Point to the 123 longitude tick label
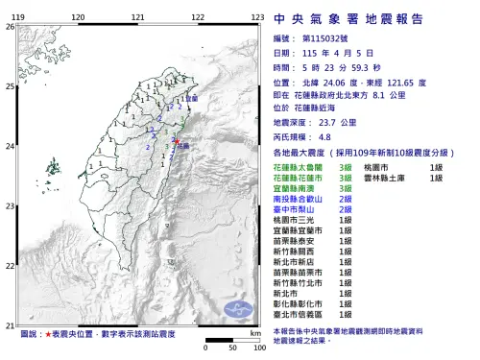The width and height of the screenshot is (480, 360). pyautogui.click(x=257, y=18)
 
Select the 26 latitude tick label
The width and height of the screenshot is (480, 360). pyautogui.click(x=9, y=27)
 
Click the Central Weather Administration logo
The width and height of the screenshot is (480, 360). pyautogui.click(x=237, y=308)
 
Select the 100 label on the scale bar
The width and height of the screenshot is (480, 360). pyautogui.click(x=257, y=348)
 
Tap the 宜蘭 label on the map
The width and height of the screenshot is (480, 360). pyautogui.click(x=191, y=99)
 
